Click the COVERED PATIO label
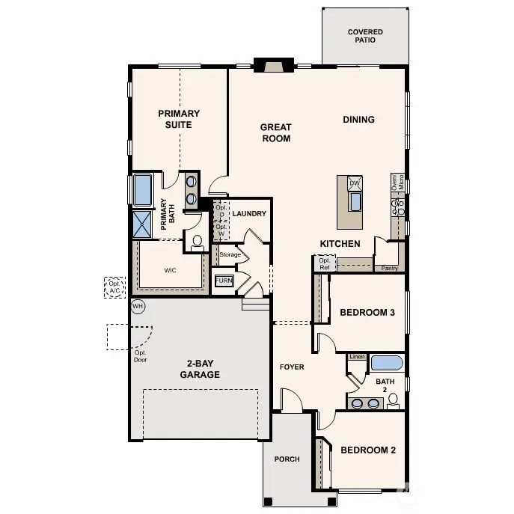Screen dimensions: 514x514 (365, 36)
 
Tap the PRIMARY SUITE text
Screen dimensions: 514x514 (179, 119)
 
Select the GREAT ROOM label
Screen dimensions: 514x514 (275, 132)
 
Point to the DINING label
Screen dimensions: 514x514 (358, 120)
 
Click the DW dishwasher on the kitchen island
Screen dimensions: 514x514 (355, 183)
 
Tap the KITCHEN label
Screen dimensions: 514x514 (340, 244)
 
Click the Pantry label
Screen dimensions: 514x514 (389, 268)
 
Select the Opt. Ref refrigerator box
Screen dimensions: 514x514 (324, 264)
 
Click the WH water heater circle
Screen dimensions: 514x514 (138, 306)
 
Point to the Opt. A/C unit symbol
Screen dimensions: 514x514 (114, 287)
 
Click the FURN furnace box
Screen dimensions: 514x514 (224, 281)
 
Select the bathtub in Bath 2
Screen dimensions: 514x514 (387, 364)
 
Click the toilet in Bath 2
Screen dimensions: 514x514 (394, 403)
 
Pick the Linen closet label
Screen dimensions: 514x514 (357, 357)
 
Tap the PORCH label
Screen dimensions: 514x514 (287, 459)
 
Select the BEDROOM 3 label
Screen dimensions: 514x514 (367, 313)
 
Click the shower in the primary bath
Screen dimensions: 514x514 (142, 222)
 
